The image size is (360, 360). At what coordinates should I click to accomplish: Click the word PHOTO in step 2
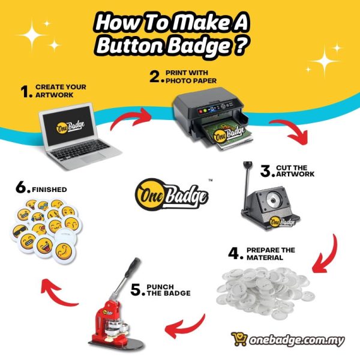click(x=178, y=81)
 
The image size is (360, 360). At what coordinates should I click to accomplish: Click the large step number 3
click(x=266, y=171)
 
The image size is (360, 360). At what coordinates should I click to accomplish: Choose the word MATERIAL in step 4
click(x=265, y=257)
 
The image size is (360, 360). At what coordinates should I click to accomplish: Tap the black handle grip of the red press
click(x=132, y=267)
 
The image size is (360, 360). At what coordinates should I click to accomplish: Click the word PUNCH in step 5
click(x=160, y=287)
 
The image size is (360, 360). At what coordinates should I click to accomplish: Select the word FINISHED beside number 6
click(x=49, y=190)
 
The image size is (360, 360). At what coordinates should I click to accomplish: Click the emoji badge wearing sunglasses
click(x=20, y=232)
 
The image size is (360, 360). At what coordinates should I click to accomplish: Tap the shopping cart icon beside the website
click(x=239, y=339)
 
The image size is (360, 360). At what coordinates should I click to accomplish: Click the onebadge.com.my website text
click(x=297, y=340)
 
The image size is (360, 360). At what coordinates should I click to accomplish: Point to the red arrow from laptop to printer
click(x=131, y=116)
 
